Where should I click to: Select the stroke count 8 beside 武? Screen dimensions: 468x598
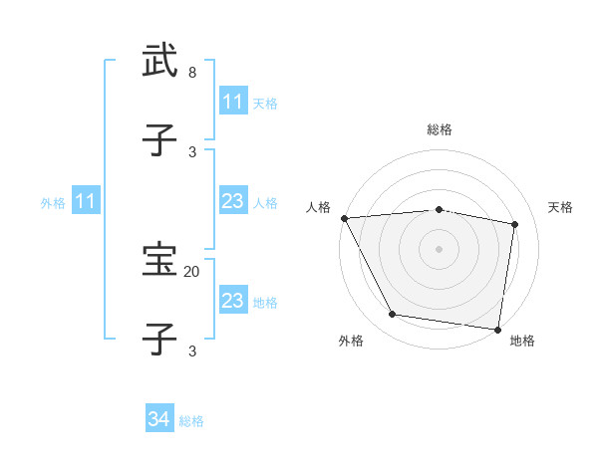191,73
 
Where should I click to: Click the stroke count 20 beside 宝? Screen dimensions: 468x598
191,271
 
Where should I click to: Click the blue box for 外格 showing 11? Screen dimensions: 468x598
87,202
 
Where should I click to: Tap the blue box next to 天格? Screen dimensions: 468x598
233,102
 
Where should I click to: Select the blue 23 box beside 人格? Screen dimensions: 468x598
233,202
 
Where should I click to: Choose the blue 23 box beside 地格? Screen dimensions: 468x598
233,301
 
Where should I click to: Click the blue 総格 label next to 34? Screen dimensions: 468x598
191,421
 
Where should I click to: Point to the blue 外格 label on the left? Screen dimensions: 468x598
53,203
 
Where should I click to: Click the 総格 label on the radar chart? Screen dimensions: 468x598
440,129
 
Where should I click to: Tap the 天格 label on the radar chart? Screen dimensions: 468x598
561,207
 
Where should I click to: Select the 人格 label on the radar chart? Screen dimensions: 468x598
318,207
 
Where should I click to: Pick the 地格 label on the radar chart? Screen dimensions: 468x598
522,342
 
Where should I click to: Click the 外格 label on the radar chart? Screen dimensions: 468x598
351,342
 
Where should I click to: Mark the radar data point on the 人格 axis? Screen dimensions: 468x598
344,218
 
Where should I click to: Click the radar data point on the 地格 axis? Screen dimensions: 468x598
497,329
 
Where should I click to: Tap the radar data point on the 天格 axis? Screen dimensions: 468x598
515,224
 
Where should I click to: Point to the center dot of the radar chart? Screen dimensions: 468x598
440,249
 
